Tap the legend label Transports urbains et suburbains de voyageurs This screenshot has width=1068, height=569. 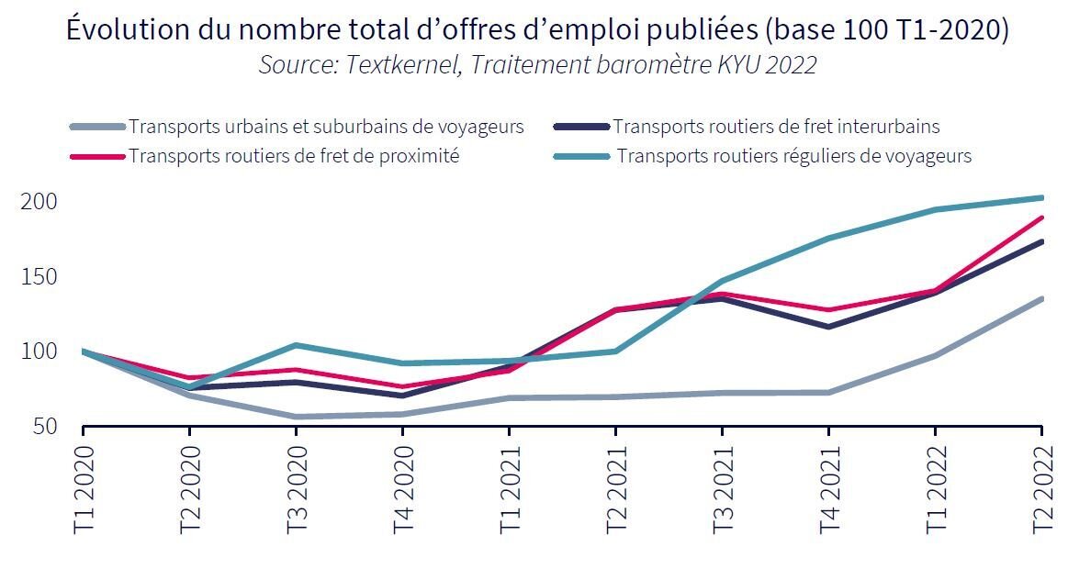[x=326, y=127]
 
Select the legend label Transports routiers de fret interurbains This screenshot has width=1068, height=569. [x=776, y=127]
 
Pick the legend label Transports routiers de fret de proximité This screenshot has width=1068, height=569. [x=294, y=156]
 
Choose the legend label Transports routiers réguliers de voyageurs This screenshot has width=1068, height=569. [x=793, y=156]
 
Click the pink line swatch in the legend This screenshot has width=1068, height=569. [x=97, y=157]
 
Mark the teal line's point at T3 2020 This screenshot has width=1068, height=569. [x=296, y=345]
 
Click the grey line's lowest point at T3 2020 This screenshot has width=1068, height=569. [x=296, y=417]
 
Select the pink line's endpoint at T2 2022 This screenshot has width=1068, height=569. [x=1041, y=218]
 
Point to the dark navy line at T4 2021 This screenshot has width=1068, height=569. [x=828, y=327]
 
